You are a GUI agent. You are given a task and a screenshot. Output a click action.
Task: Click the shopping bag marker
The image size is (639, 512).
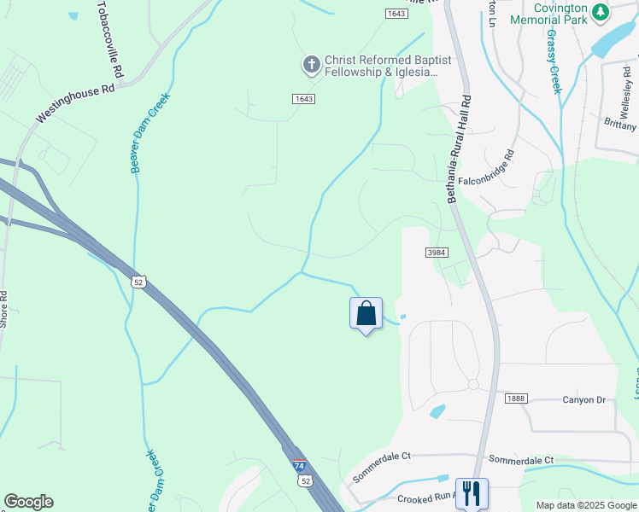(366, 313)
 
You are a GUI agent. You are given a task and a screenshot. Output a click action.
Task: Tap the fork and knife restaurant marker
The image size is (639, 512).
(471, 492)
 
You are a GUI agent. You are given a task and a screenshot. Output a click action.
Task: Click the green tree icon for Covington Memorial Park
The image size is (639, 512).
(601, 11)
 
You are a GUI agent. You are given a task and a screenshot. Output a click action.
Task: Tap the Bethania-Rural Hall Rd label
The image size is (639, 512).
(458, 148)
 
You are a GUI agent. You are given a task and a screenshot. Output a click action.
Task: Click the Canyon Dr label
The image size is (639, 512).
(583, 399)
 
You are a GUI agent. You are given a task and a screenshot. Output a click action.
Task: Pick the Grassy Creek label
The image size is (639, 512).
(554, 62)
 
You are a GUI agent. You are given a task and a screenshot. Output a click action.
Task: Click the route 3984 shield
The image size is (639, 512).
(437, 253)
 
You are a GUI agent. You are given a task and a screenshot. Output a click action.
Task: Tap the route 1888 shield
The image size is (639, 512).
(516, 399)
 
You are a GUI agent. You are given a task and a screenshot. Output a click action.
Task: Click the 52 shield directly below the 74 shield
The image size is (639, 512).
(305, 481)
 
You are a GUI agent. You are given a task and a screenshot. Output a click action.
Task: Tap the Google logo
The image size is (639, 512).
(28, 502)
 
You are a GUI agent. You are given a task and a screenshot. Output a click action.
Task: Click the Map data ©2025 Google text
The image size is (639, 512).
(586, 505)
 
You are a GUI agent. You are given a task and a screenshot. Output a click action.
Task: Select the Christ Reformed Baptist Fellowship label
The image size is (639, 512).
(382, 67)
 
